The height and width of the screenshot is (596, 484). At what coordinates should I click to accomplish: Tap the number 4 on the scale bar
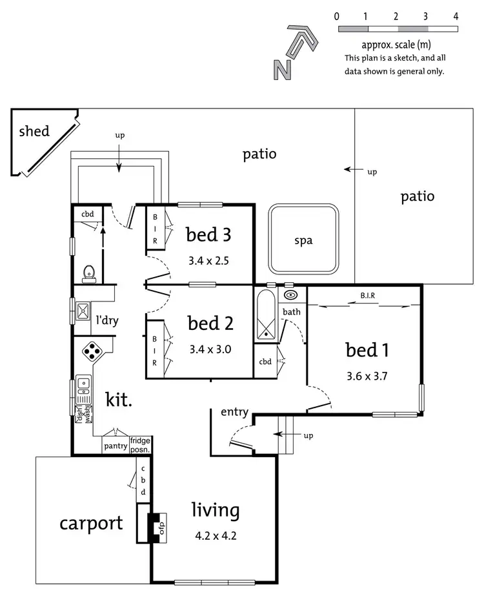coord(456,16)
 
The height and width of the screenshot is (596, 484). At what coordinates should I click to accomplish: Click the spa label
coord(303,241)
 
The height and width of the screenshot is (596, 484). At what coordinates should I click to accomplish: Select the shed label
coord(34,131)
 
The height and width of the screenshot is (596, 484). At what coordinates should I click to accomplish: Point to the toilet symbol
coord(90,274)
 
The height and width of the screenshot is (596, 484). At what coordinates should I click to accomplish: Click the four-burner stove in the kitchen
coord(92,351)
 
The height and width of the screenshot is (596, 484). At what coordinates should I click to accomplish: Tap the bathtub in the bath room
coord(265,314)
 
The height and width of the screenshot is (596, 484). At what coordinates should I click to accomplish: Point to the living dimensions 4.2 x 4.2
coord(215,535)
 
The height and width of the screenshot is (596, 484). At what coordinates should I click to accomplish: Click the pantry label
coord(116,445)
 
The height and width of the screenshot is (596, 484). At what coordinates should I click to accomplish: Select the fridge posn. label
coord(140,445)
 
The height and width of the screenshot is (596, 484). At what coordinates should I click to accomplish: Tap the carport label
coord(91,522)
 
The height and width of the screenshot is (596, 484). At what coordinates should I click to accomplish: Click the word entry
coord(234,412)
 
